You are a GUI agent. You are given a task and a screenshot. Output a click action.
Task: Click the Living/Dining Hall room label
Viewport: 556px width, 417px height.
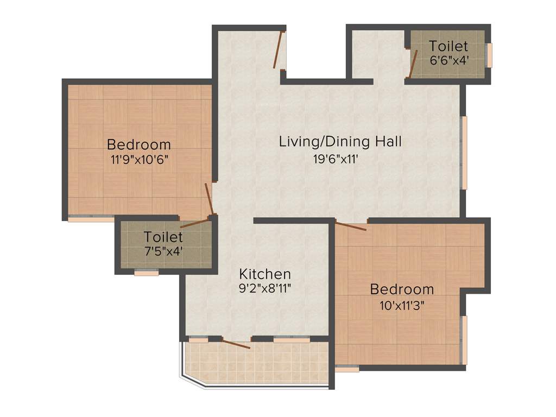coord(340,142)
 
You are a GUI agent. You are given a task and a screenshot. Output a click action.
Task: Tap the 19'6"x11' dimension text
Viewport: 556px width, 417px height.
coord(340,159)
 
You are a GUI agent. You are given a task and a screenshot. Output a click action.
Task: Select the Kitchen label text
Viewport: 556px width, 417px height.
coord(266,274)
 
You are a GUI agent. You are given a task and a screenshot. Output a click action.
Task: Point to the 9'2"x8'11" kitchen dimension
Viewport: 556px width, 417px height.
coord(266,288)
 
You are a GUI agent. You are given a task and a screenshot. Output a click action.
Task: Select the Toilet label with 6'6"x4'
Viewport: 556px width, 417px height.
coord(448,46)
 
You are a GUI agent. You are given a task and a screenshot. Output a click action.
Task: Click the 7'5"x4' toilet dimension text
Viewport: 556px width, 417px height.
coord(163,251)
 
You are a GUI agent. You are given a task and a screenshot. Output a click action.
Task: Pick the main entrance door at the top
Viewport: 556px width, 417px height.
coord(279,50)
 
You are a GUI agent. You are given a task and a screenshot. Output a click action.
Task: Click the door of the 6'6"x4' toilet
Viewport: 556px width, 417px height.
coord(413,64)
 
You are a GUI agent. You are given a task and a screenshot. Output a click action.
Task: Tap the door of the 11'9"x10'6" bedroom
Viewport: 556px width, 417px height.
coord(209,200)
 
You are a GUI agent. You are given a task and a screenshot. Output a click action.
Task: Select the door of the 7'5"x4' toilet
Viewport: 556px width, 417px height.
coord(194,223)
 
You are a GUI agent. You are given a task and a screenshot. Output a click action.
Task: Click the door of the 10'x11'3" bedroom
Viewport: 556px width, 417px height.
coord(351,226)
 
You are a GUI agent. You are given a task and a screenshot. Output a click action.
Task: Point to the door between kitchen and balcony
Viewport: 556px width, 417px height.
coord(236,344)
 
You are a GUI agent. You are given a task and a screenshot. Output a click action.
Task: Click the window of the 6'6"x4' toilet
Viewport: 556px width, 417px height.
coord(489,55)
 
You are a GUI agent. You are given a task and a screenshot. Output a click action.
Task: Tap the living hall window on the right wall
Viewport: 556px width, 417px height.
coord(464,153)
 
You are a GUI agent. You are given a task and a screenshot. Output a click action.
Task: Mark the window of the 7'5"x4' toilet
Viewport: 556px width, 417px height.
coord(146,273)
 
